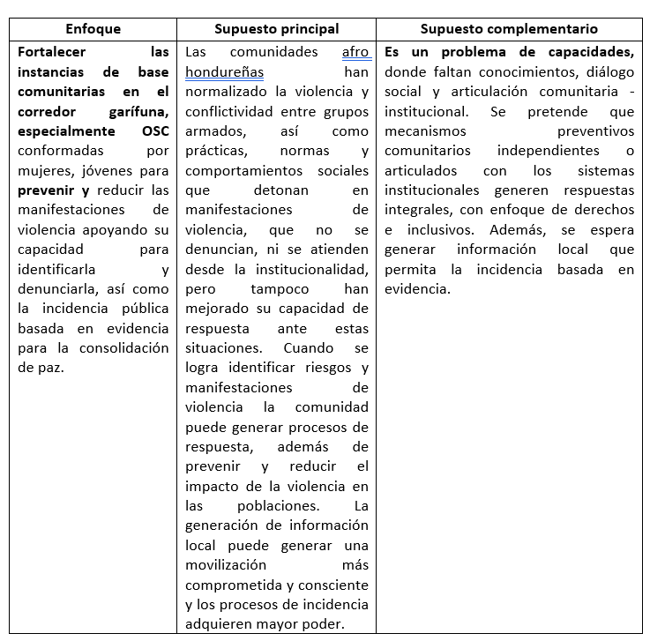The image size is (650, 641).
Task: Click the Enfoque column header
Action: pos(93,29)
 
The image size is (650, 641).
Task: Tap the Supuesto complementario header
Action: pos(509,29)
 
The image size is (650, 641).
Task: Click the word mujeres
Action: pos(47,170)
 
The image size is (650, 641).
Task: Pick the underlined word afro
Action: pos(355,52)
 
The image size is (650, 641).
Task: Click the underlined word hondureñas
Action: pos(224,71)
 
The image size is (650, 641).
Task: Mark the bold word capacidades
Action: pos(586,52)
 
